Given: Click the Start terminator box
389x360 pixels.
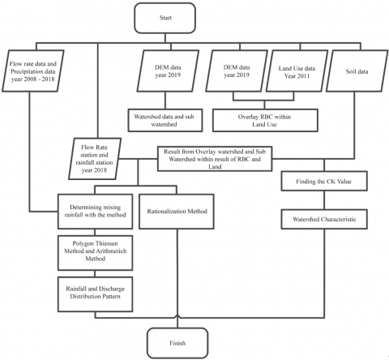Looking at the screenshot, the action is [165, 18].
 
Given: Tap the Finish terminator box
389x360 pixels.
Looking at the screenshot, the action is [177, 343].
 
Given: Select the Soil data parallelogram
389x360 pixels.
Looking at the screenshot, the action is [357, 71].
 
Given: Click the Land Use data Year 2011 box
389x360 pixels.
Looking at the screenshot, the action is [297, 71].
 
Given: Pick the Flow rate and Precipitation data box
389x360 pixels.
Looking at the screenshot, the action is [33, 71].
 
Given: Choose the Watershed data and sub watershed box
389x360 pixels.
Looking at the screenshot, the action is [165, 120].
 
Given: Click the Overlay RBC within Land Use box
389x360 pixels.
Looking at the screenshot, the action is [265, 120].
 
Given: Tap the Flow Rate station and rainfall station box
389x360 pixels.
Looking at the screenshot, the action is [95, 159].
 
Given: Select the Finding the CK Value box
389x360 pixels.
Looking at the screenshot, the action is [324, 181].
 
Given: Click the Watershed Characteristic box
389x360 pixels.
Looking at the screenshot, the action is [324, 219].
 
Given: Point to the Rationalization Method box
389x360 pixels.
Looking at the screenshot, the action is [177, 212].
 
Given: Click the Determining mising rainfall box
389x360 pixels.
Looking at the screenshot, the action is [95, 212].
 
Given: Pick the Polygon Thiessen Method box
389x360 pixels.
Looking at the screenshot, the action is [95, 253].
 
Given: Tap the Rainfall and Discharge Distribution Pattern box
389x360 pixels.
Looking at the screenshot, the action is [95, 294].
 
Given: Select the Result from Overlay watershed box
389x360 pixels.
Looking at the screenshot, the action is [215, 159].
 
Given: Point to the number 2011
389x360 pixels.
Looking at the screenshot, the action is [304, 76].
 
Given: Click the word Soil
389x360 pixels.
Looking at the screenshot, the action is [351, 71].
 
